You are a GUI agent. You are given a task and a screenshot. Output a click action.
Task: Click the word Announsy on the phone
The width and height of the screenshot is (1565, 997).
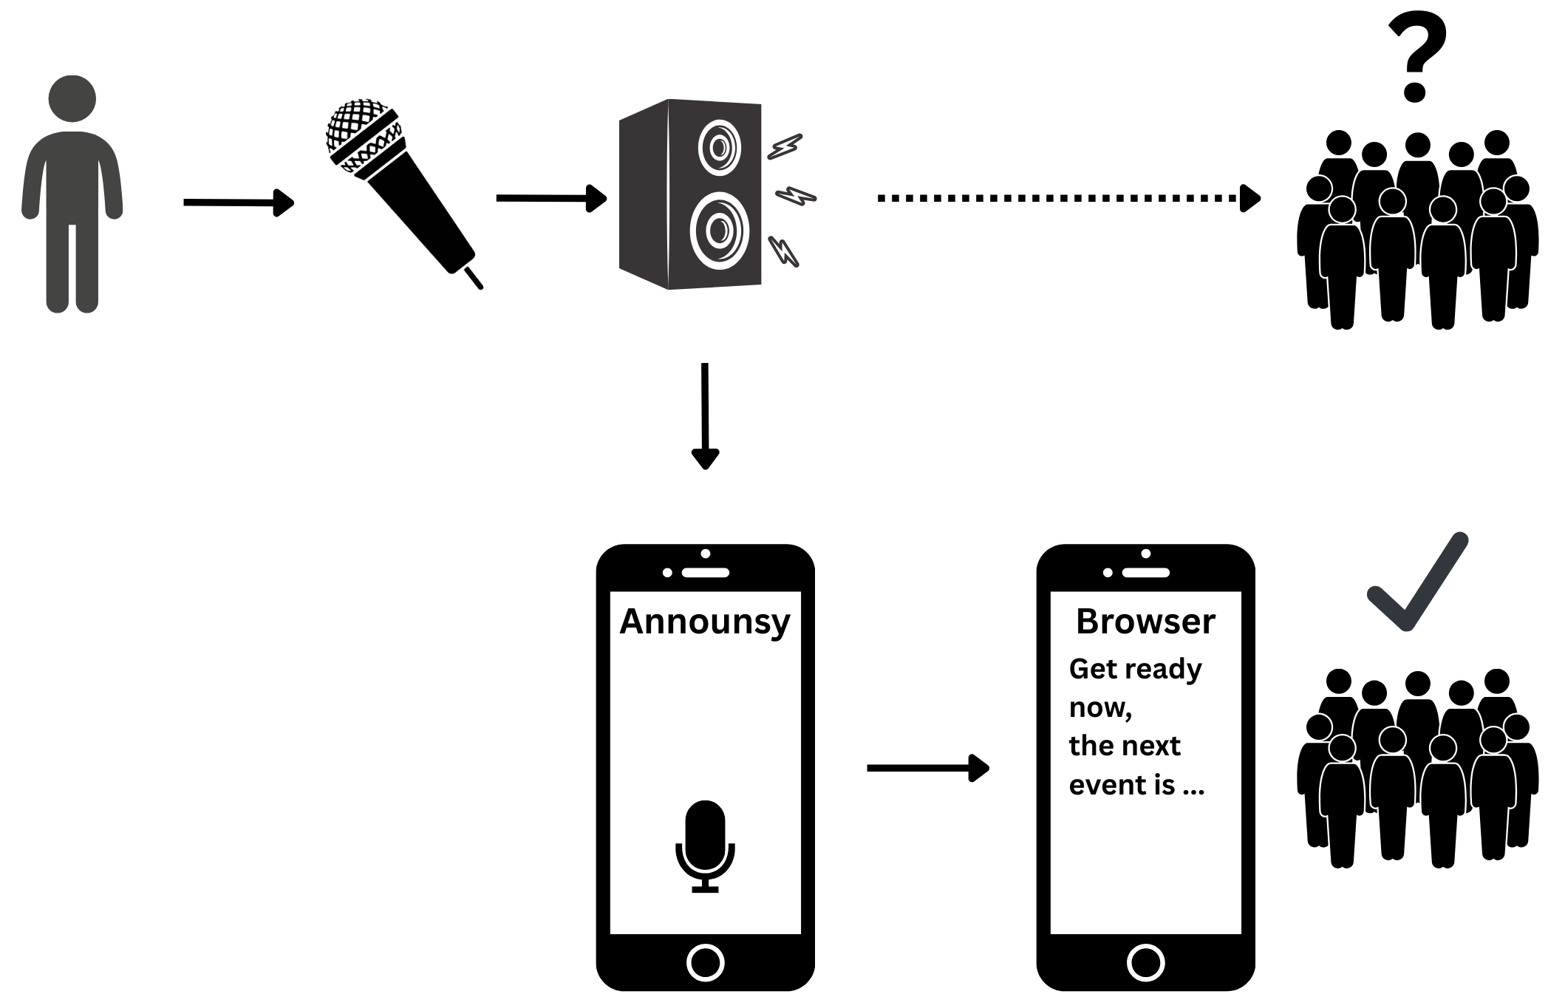pyautogui.click(x=705, y=622)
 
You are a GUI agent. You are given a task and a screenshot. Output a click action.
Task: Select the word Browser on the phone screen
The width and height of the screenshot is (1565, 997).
pyautogui.click(x=1145, y=622)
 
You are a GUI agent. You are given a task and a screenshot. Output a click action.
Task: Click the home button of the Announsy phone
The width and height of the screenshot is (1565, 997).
pyautogui.click(x=705, y=962)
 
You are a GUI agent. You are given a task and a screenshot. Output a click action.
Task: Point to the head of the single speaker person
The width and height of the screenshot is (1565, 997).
pyautogui.click(x=72, y=98)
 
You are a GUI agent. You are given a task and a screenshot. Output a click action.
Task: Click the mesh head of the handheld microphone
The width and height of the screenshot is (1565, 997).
pyautogui.click(x=358, y=127)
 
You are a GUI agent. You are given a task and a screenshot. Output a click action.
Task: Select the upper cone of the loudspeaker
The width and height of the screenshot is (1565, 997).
pyautogui.click(x=719, y=147)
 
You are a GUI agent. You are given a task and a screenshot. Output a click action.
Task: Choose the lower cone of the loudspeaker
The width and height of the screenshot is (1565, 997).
pyautogui.click(x=719, y=231)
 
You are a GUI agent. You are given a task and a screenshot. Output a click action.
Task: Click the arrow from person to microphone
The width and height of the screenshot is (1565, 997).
pyautogui.click(x=238, y=203)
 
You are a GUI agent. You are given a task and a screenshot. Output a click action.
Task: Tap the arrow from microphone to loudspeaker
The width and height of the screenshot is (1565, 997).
pyautogui.click(x=550, y=198)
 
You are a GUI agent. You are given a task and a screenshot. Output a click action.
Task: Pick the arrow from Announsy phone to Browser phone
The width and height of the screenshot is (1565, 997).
pyautogui.click(x=927, y=768)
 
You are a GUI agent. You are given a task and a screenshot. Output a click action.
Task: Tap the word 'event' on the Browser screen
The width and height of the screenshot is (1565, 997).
pyautogui.click(x=1106, y=785)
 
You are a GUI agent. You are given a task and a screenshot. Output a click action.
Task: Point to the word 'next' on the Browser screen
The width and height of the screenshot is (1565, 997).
pyautogui.click(x=1153, y=746)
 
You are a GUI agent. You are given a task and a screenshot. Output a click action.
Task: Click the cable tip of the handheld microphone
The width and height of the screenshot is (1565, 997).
pyautogui.click(x=474, y=278)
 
